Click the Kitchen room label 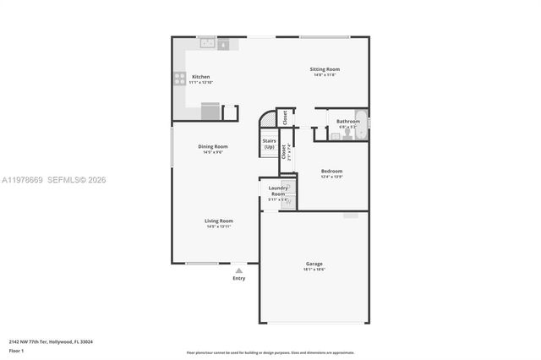[x=200, y=76]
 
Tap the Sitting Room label [x=325, y=68]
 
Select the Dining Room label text [x=213, y=146]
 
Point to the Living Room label [x=218, y=221]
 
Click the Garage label [x=314, y=264]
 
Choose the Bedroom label [x=331, y=171]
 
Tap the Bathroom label [x=347, y=121]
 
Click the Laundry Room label [x=277, y=191]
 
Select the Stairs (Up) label [x=269, y=144]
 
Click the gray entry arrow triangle [x=239, y=270]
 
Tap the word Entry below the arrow [x=239, y=278]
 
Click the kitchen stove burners [x=179, y=78]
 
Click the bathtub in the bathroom [x=363, y=124]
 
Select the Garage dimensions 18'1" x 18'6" [x=314, y=270]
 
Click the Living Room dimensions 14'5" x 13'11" [x=218, y=226]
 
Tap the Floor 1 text [x=17, y=349]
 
